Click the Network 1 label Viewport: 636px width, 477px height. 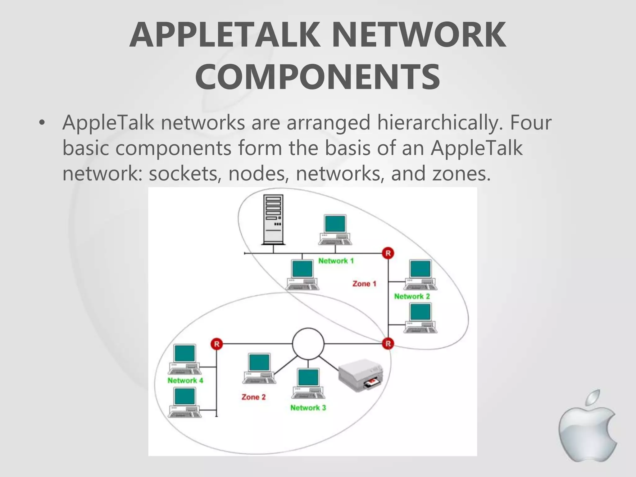pyautogui.click(x=336, y=261)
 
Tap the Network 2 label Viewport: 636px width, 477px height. pyautogui.click(x=412, y=297)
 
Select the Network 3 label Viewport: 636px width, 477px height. pyautogui.click(x=308, y=408)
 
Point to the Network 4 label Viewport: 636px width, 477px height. pyautogui.click(x=185, y=380)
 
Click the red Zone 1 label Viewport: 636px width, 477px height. pyautogui.click(x=364, y=284)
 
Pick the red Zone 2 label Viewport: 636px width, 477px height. pyautogui.click(x=253, y=397)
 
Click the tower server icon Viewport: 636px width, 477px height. pyautogui.click(x=273, y=220)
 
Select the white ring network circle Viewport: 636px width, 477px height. pyautogui.click(x=308, y=344)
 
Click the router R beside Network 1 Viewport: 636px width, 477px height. pyautogui.click(x=388, y=253)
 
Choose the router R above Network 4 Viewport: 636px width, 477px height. pyautogui.click(x=216, y=344)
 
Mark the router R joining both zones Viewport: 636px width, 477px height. pyautogui.click(x=388, y=344)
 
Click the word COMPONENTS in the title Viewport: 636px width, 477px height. pyautogui.click(x=317, y=76)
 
